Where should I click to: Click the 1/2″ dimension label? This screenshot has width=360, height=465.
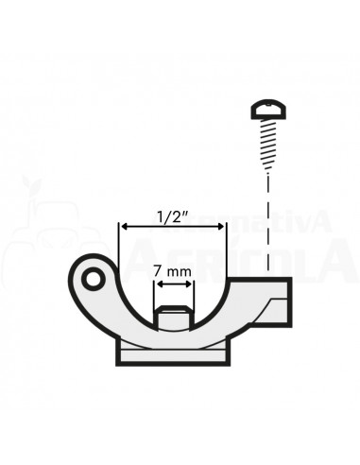tap(172, 215)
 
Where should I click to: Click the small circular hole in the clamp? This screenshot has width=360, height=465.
tap(92, 279)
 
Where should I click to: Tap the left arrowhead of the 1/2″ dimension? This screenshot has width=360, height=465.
tap(122, 227)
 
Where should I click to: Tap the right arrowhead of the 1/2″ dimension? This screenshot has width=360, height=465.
tap(221, 227)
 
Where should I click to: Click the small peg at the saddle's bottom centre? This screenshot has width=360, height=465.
tap(172, 318)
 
